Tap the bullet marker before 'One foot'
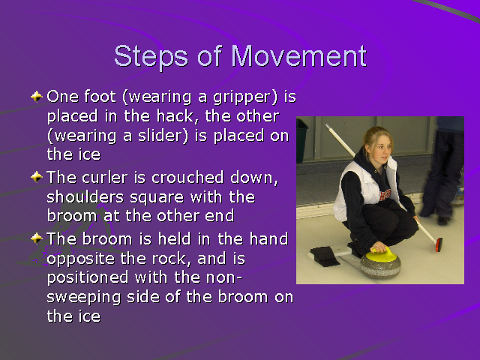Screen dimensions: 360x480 pos(37,97)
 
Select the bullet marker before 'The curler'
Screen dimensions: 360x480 pos(37,178)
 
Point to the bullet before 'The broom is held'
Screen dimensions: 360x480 pos(37,238)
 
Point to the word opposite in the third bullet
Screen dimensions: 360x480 pos(76,258)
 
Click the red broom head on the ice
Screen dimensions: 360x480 pos(438,244)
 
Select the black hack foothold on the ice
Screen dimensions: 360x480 pos(323,256)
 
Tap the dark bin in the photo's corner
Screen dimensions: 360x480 pos(301,139)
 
